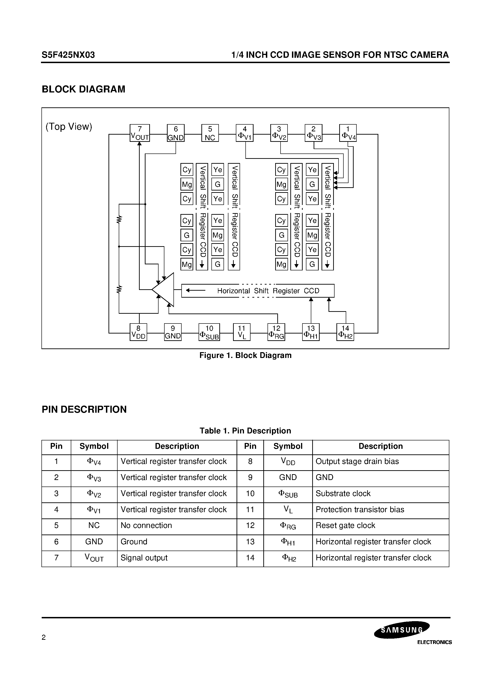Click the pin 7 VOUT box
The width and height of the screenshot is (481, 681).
[140, 133]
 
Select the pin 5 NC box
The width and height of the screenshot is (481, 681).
[210, 133]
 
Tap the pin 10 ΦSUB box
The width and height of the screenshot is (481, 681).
[209, 332]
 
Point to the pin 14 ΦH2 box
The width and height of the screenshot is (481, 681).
[345, 332]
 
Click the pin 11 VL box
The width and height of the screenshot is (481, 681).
[242, 332]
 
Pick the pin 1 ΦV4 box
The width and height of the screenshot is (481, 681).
[348, 133]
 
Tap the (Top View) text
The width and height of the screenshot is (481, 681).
[69, 127]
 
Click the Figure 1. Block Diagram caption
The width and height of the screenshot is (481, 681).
[245, 355]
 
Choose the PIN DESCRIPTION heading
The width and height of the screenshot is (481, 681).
[84, 409]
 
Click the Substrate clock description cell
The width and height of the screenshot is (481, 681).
[343, 493]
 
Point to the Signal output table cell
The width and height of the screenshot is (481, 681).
[144, 558]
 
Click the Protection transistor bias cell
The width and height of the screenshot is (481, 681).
[360, 509]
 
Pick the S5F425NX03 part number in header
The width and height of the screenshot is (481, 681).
[68, 55]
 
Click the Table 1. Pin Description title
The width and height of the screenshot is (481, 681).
[245, 431]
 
